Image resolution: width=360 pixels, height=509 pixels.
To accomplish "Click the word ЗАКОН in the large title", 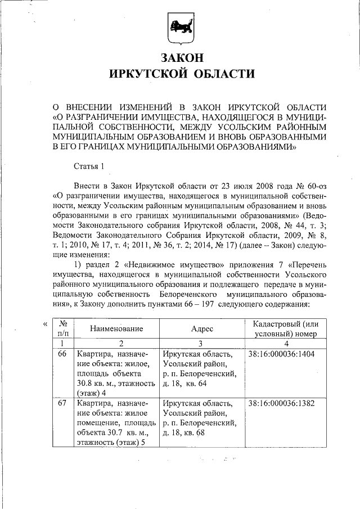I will [180, 57].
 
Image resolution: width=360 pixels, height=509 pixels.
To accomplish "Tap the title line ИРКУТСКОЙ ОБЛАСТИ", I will [180, 74].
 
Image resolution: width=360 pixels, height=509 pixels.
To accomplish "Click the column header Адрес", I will [202, 329].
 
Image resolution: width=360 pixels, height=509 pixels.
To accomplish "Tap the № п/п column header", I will [63, 329].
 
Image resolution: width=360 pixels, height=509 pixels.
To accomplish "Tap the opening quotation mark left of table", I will [44, 324].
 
